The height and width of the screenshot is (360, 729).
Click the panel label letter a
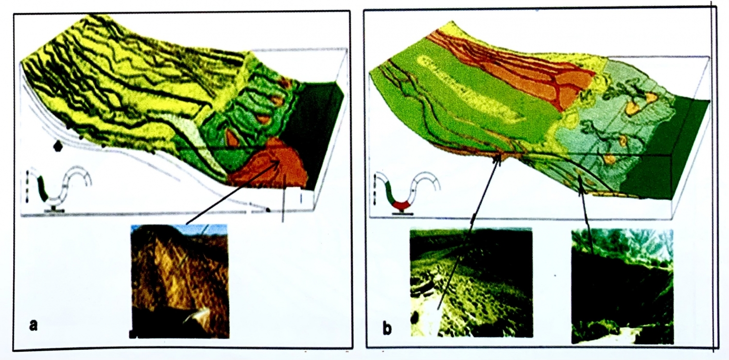point(34,324)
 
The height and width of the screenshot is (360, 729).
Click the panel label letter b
point(387,328)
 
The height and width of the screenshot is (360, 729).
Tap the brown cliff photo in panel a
point(179,282)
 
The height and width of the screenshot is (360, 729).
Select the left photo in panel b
point(471,283)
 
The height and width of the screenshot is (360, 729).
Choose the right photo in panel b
point(622,286)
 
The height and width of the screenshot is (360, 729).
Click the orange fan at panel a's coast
point(270,166)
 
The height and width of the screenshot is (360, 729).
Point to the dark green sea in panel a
point(312,130)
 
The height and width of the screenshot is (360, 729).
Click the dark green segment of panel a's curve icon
point(43,188)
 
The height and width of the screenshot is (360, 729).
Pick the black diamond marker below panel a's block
point(58,146)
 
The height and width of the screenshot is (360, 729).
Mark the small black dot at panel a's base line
point(268,210)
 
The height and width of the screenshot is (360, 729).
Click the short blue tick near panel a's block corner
point(301,198)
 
